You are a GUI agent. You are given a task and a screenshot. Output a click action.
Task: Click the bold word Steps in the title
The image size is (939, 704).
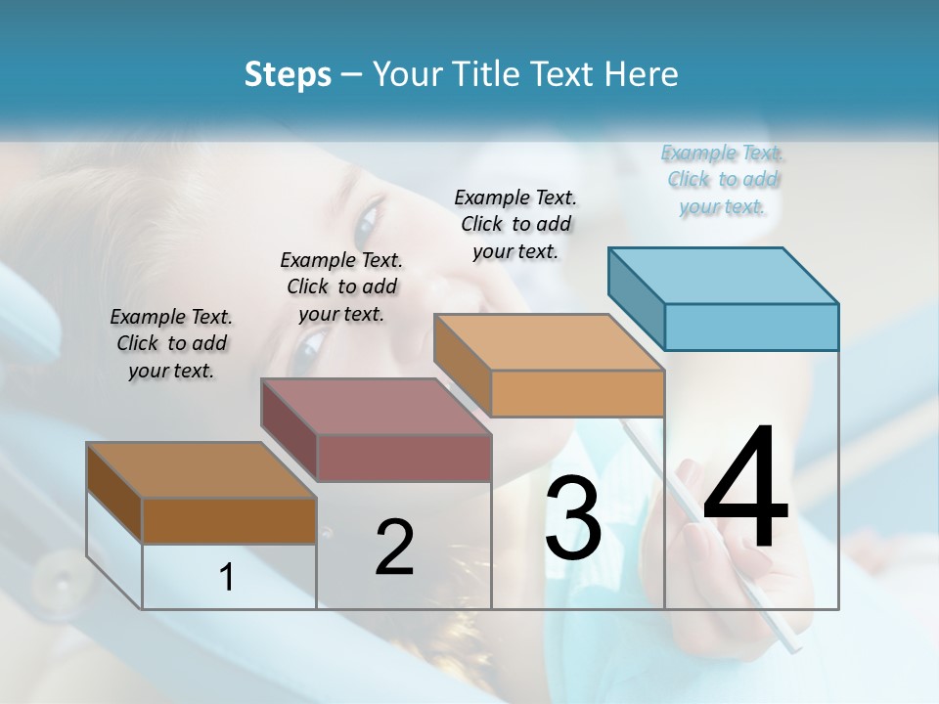click(x=288, y=74)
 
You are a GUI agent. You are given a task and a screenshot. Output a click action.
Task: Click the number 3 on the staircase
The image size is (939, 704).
click(x=573, y=518)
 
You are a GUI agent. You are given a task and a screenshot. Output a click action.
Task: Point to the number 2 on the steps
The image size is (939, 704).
click(x=394, y=548)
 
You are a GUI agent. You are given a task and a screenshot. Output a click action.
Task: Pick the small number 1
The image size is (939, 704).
click(x=227, y=578)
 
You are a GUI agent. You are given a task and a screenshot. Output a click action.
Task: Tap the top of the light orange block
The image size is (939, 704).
click(x=549, y=342)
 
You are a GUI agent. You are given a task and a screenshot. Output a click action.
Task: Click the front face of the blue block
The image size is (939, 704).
click(x=751, y=327)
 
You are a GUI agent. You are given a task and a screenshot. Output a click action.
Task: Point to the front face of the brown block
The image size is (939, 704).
click(x=229, y=520)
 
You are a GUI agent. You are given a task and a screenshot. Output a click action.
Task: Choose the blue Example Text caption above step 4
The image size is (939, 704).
click(x=722, y=180)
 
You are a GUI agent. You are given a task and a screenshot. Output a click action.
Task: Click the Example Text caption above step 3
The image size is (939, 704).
click(x=515, y=224)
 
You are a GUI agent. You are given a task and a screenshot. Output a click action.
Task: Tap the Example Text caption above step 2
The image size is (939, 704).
click(x=341, y=286)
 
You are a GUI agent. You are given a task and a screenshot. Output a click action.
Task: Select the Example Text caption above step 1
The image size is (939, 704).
click(x=171, y=343)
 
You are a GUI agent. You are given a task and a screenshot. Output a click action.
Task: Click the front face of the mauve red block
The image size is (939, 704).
click(x=404, y=458)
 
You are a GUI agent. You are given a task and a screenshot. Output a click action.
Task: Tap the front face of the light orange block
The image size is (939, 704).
click(x=577, y=393)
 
